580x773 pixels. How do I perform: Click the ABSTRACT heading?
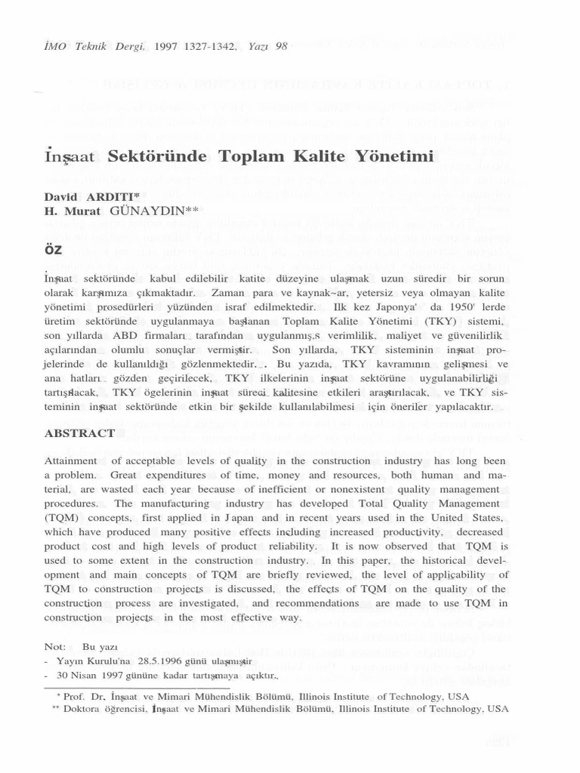pos(79,433)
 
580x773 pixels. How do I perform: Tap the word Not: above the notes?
pos(55,647)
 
